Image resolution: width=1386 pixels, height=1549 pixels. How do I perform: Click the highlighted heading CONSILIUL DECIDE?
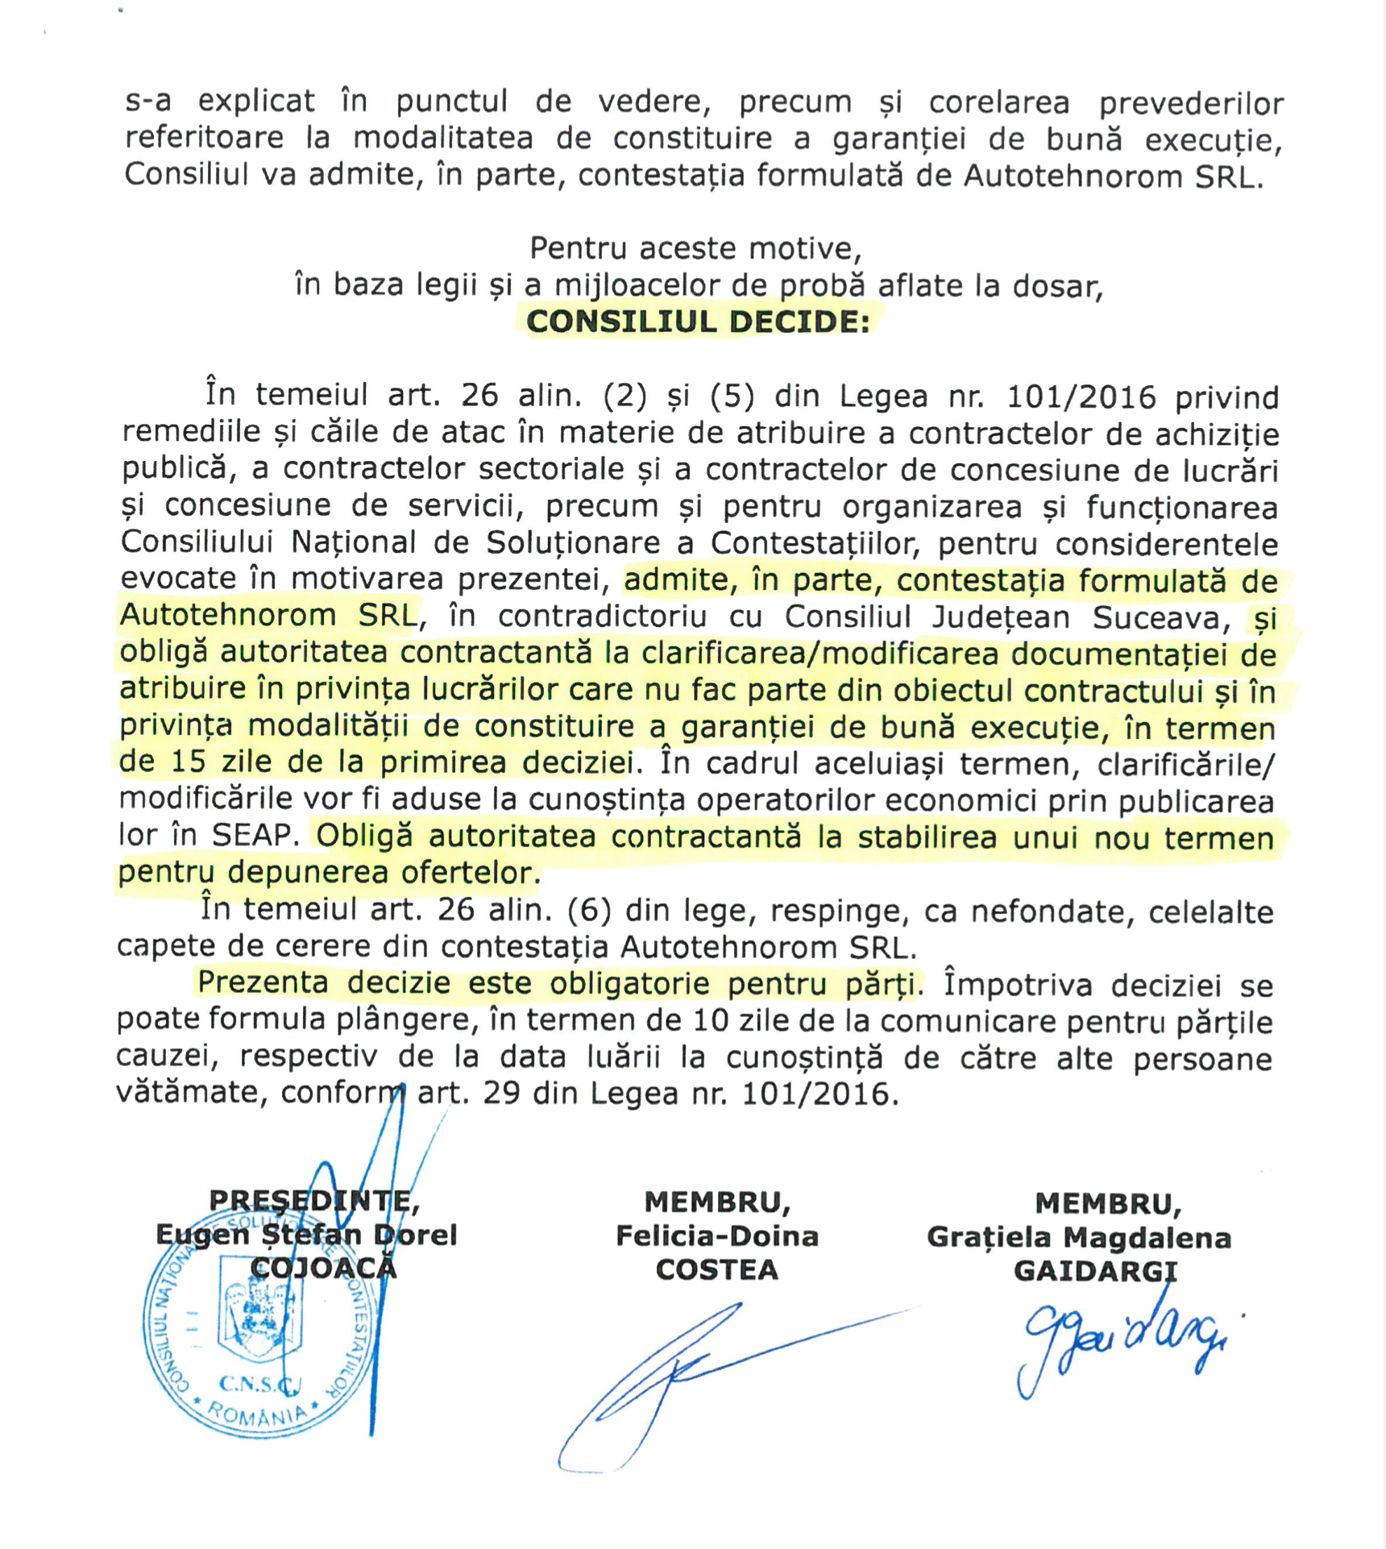698,322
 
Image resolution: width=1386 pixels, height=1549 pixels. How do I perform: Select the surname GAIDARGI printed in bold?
1095,1271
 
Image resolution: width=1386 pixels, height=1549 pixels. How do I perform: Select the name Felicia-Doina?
716,1235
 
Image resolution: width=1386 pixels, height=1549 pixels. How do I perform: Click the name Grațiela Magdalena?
1079,1237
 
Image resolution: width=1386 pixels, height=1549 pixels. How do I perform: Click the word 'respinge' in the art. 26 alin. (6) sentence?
815,911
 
